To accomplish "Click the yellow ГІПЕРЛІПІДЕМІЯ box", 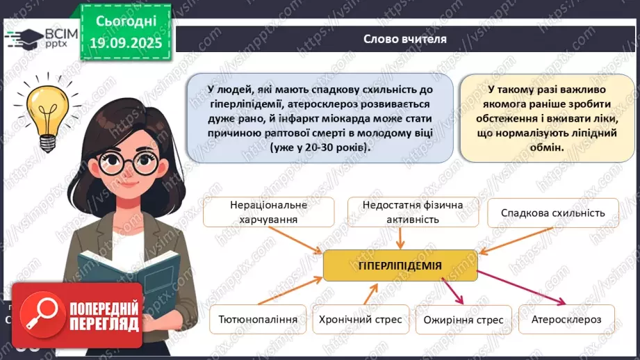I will pos(400,265).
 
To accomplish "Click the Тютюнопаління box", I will pos(258,320).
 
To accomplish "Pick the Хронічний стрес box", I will pos(360,320).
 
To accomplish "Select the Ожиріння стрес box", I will pos(463,320).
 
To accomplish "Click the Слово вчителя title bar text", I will pos(405,39).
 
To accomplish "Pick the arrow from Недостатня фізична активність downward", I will pos(401,238).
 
